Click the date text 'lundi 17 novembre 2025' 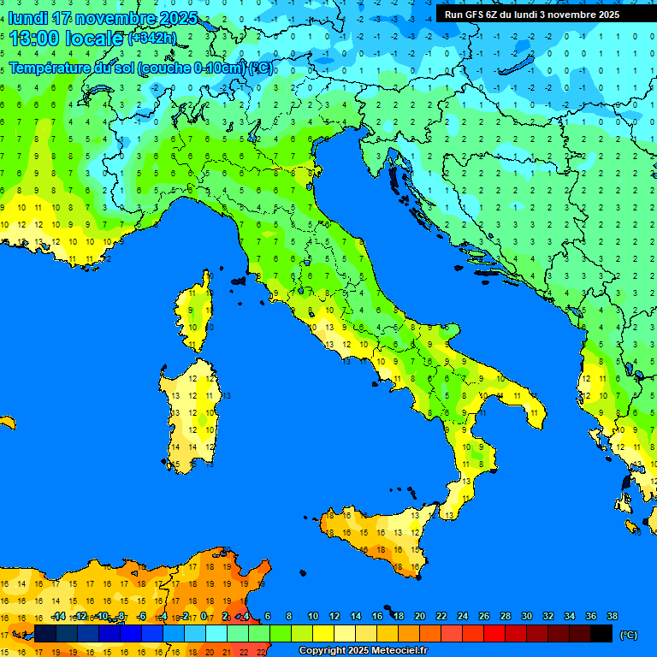click(102, 18)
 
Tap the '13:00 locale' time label click(66, 38)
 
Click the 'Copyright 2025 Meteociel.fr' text click(362, 651)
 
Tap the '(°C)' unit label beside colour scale click(629, 635)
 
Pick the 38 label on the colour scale click(612, 617)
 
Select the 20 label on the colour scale click(419, 617)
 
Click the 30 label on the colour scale click(526, 617)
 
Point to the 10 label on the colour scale click(312, 617)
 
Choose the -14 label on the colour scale click(58, 617)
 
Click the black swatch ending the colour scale click(601, 634)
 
